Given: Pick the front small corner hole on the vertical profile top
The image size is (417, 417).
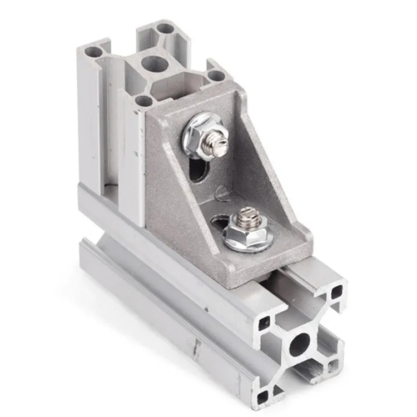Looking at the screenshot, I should point(143,101).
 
